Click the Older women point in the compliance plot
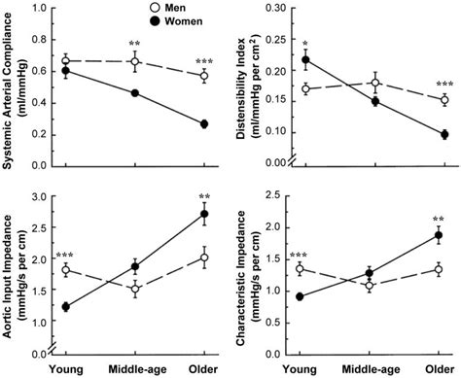tap(204, 124)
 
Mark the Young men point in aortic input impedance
tap(66, 270)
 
